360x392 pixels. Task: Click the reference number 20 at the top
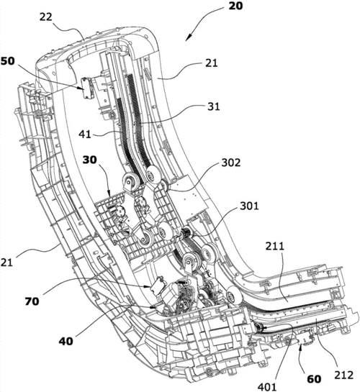point(235,6)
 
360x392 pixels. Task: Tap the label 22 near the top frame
point(46,17)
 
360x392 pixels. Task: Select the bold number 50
point(8,61)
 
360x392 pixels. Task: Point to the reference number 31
point(213,106)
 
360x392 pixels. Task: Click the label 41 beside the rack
point(85,135)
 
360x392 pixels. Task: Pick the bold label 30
point(90,160)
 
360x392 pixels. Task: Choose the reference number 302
point(230,163)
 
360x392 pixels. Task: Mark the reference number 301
point(249,206)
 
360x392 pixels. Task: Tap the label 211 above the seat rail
point(275,246)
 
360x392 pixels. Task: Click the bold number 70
point(32,301)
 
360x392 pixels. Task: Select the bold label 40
point(66,341)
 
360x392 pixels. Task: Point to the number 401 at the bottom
point(267,387)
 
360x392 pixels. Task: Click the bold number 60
point(314,379)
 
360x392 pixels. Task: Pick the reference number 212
point(343,375)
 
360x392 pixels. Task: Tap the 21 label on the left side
point(6,263)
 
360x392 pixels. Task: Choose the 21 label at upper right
point(212,63)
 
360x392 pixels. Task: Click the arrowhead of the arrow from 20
point(189,37)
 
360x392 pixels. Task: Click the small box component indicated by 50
point(87,88)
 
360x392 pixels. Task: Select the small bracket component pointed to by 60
point(306,338)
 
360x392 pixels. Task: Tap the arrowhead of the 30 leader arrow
point(109,193)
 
